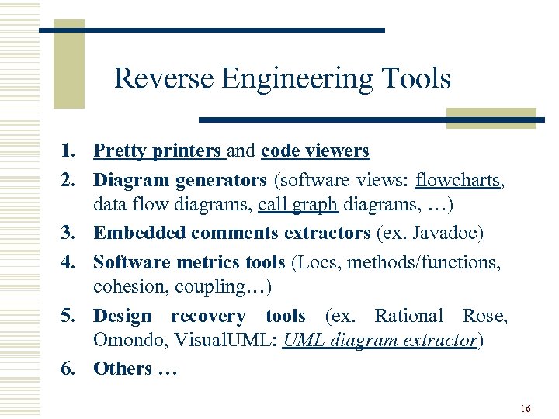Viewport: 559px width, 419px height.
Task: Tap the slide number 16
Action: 526,408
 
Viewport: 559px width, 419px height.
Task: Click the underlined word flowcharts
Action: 459,181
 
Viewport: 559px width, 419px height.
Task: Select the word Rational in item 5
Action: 408,316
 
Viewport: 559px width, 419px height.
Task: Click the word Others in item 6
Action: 123,369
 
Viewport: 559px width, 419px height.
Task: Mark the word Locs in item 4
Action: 317,262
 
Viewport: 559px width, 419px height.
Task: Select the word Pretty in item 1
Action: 117,151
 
